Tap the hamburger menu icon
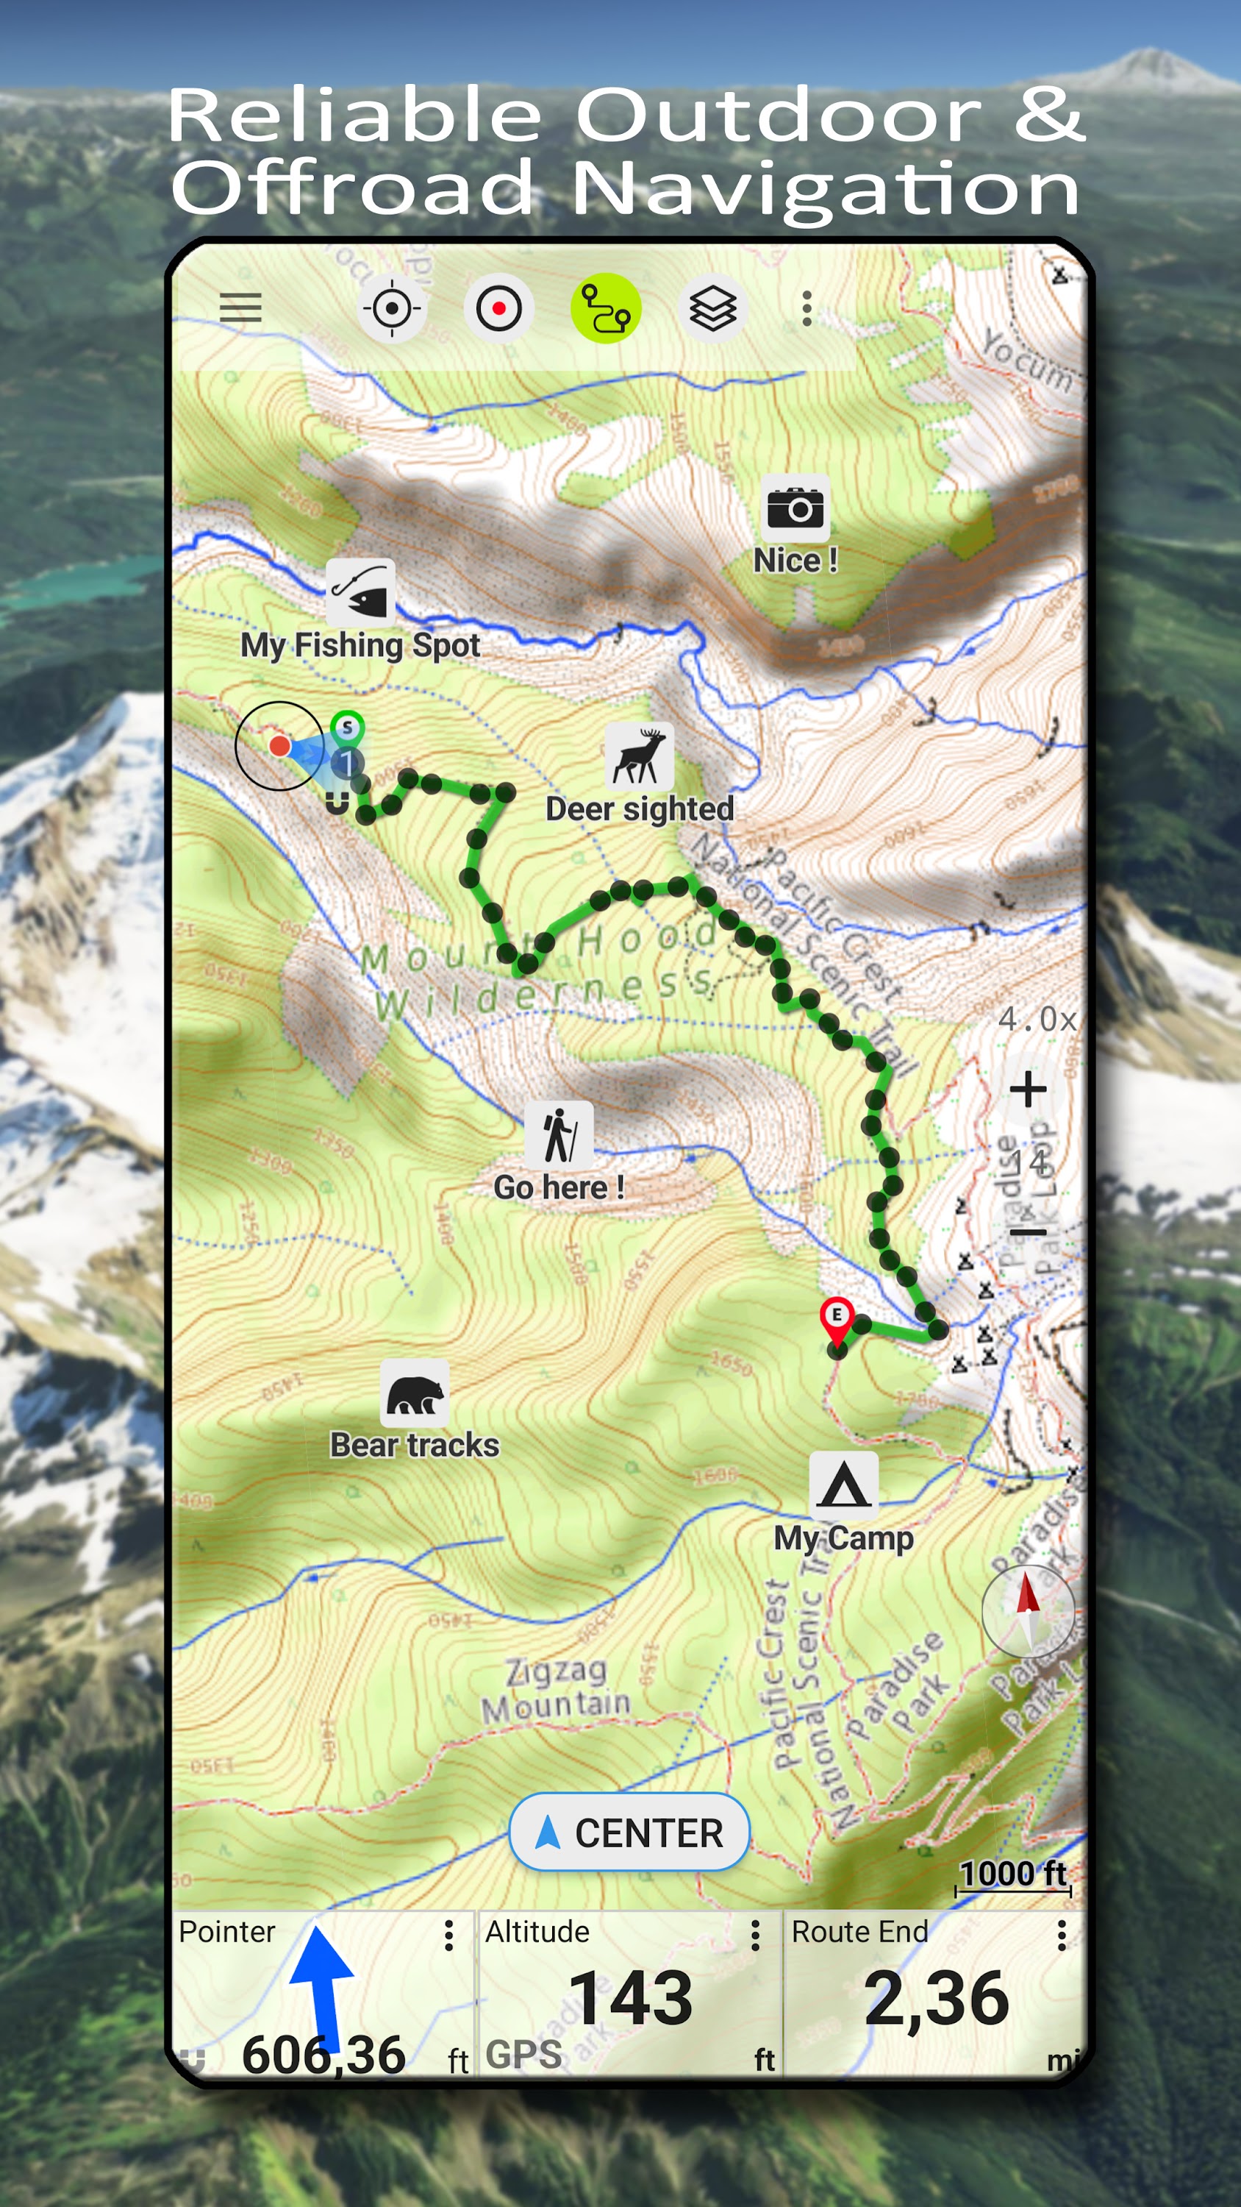240,307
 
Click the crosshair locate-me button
391,308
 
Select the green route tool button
606,308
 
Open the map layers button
712,308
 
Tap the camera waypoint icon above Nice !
795,509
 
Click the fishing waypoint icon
360,593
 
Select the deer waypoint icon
639,756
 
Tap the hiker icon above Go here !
559,1135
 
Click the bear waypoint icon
415,1393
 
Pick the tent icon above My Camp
843,1485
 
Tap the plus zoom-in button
1028,1090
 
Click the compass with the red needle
1028,1610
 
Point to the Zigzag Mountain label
555,1688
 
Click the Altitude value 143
630,1998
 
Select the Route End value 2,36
936,1998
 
